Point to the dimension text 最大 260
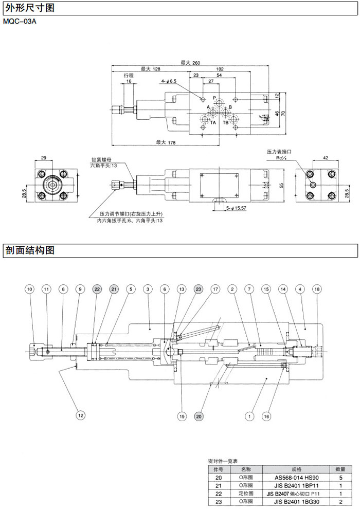[190, 63]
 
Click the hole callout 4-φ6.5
[168, 81]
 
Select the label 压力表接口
[279, 152]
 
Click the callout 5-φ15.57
[237, 208]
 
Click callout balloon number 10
[29, 290]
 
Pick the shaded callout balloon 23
[199, 290]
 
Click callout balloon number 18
[317, 290]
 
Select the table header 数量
[340, 469]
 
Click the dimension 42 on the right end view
[325, 158]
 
